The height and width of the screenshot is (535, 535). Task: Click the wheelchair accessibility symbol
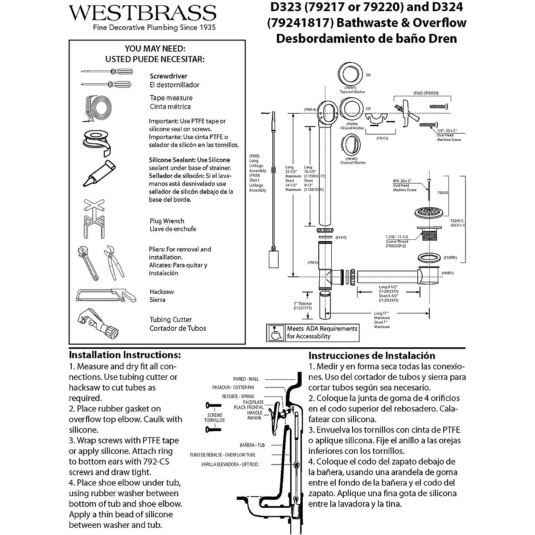click(x=276, y=332)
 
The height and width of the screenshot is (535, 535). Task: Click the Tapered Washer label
click(x=352, y=92)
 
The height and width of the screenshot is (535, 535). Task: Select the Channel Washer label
click(x=353, y=163)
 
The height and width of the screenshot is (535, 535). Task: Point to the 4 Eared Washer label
click(x=352, y=128)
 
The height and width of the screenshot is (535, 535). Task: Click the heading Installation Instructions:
click(x=125, y=355)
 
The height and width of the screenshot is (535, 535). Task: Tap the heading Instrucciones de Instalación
click(x=372, y=356)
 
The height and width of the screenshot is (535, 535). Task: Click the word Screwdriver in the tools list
click(x=169, y=76)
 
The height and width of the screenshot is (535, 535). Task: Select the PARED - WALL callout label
click(x=246, y=379)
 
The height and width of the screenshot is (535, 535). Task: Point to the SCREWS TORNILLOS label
click(x=214, y=417)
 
